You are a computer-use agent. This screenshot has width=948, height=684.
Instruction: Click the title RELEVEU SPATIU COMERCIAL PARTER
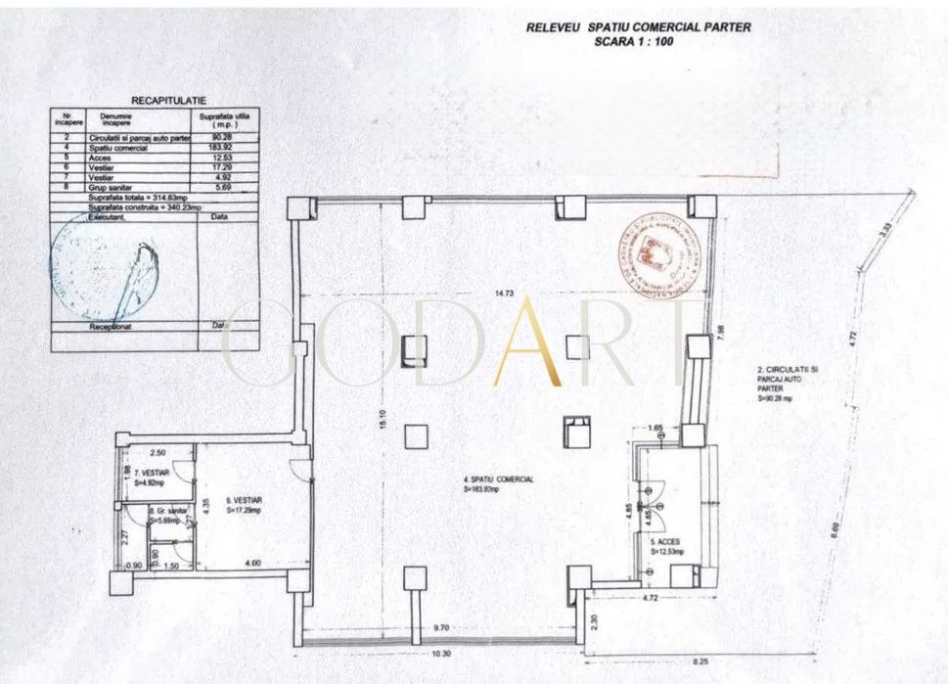(638, 27)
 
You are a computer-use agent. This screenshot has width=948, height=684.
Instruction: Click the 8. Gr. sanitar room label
(169, 513)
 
